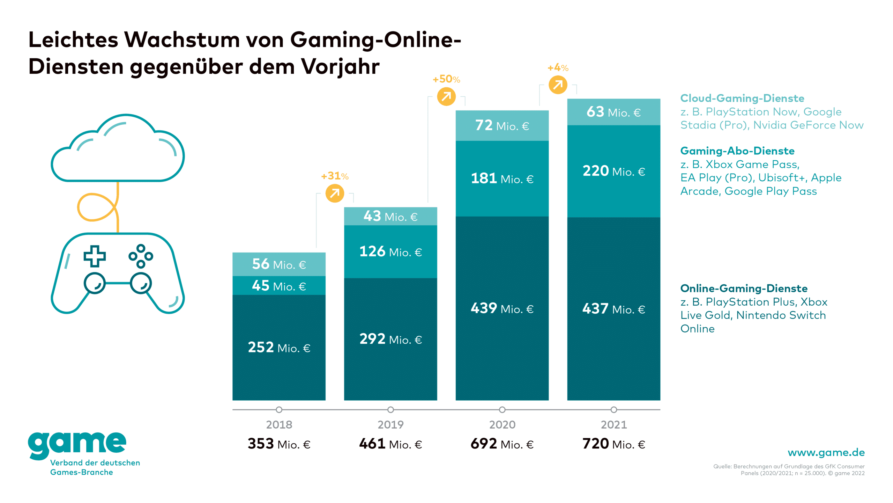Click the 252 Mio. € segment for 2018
pyautogui.click(x=279, y=347)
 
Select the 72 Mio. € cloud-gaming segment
pyautogui.click(x=502, y=125)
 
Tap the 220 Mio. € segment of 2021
pyautogui.click(x=613, y=171)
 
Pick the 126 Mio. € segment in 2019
pyautogui.click(x=390, y=251)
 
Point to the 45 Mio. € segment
pyautogui.click(x=279, y=286)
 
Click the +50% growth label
pyautogui.click(x=446, y=79)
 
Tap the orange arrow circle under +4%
pyautogui.click(x=558, y=85)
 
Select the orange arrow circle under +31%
pyautogui.click(x=335, y=194)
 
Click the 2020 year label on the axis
pyautogui.click(x=502, y=424)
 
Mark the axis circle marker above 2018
pyautogui.click(x=279, y=409)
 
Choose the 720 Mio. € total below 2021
pyautogui.click(x=613, y=444)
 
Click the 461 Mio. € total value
pyautogui.click(x=390, y=444)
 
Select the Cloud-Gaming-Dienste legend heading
pyautogui.click(x=742, y=98)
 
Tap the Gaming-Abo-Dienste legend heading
pyautogui.click(x=737, y=151)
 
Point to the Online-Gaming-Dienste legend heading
pyautogui.click(x=744, y=288)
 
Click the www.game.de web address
pyautogui.click(x=826, y=452)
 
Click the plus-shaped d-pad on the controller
pyautogui.click(x=94, y=256)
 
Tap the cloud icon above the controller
pyautogui.click(x=118, y=150)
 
